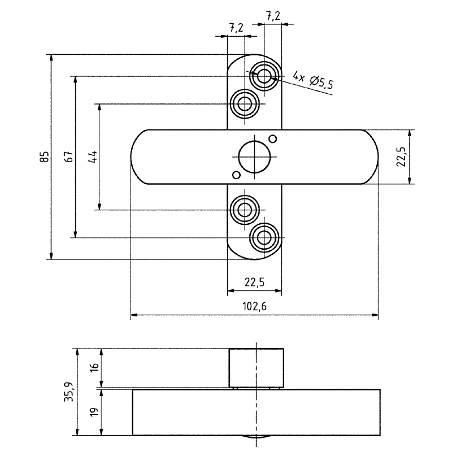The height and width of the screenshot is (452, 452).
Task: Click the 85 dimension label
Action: (45, 157)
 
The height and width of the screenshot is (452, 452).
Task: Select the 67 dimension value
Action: (69, 157)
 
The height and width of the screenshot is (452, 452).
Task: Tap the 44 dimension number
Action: (93, 157)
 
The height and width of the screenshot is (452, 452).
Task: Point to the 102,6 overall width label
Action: (255, 306)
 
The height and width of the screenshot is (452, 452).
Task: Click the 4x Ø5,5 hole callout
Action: (314, 80)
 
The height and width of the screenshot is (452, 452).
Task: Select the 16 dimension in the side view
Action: (94, 367)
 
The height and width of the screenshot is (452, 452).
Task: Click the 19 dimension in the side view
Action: (94, 411)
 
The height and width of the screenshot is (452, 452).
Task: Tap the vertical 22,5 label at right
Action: (401, 157)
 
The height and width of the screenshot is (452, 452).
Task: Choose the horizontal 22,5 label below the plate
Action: (255, 282)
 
